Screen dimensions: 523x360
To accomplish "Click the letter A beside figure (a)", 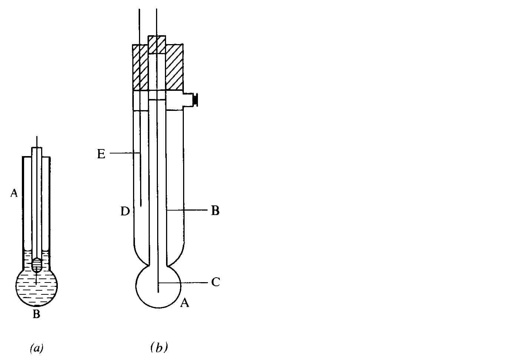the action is click(14, 193).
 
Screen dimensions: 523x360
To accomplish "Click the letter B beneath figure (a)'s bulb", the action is click(36, 314).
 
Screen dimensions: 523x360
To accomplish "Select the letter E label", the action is click(101, 154).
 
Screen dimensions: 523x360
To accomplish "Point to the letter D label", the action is click(125, 211).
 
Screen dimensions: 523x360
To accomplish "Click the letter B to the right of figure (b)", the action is click(215, 211).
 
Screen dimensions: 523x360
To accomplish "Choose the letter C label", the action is click(215, 282).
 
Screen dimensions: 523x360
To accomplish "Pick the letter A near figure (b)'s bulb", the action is click(185, 303).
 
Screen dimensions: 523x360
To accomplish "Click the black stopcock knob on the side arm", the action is click(195, 100).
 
